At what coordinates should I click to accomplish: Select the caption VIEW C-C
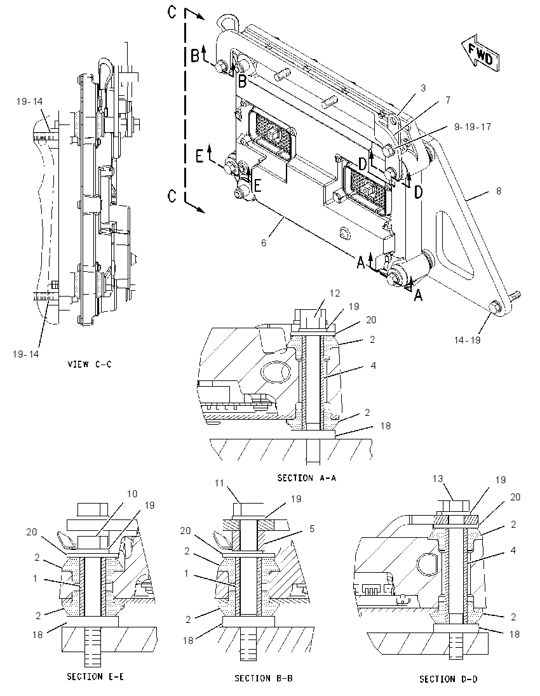tap(90, 365)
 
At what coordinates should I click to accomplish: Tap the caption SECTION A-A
tap(306, 478)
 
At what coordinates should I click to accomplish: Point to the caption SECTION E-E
tap(95, 676)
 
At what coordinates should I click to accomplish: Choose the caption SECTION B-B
tap(264, 678)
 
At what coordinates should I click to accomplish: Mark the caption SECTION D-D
tap(449, 679)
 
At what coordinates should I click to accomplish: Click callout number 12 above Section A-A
tap(334, 293)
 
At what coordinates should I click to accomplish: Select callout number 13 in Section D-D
tap(438, 479)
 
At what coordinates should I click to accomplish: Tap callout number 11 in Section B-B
tap(219, 483)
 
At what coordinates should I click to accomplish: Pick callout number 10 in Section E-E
tap(132, 494)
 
